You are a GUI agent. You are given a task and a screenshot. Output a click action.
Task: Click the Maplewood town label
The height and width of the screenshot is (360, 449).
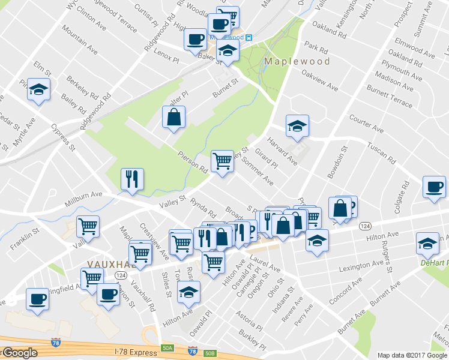tap(297, 61)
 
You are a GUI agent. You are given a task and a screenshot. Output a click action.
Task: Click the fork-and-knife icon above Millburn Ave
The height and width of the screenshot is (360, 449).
tap(131, 179)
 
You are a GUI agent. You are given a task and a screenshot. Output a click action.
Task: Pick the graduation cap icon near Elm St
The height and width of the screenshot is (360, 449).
tap(39, 91)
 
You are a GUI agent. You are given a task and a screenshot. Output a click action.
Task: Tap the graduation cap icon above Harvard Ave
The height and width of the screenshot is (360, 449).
tap(297, 126)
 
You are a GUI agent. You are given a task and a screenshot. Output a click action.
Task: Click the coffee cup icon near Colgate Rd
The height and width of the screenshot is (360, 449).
tap(434, 187)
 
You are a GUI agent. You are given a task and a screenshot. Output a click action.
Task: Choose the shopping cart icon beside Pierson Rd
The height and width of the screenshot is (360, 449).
tap(222, 161)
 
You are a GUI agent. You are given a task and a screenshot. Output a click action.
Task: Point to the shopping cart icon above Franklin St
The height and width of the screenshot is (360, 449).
tap(88, 227)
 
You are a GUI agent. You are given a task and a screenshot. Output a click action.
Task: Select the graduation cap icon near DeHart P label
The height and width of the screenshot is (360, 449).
tap(427, 244)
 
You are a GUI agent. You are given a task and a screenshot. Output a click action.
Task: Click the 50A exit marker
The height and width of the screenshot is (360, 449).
tap(167, 348)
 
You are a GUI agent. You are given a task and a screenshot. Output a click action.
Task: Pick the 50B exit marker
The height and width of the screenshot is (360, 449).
tap(209, 353)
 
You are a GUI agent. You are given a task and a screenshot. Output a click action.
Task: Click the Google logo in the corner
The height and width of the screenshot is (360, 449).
tap(19, 353)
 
